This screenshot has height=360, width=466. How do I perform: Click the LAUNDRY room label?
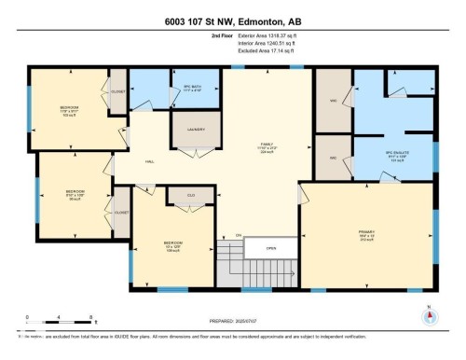(x=196, y=130)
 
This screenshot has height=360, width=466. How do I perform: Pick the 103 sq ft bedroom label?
(x=69, y=111)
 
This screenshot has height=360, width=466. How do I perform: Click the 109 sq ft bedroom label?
(x=171, y=248)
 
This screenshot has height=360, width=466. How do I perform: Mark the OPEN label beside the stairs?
(x=271, y=249)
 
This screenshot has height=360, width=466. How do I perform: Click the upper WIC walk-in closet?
(x=331, y=101)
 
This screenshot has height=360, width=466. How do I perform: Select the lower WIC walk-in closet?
(x=331, y=158)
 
